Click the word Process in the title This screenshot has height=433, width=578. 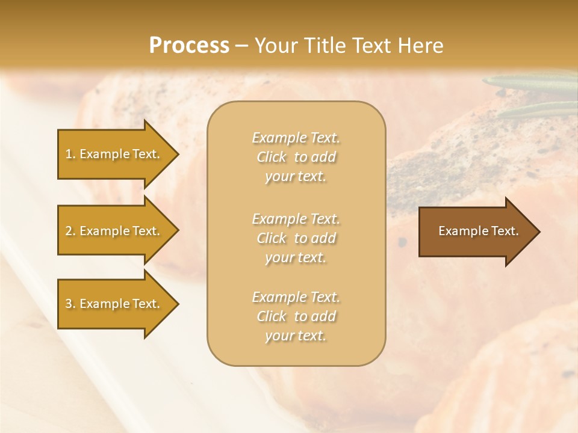(189, 46)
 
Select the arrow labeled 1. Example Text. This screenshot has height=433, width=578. (114, 154)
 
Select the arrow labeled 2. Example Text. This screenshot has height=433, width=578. (114, 231)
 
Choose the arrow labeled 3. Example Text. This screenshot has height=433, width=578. (114, 304)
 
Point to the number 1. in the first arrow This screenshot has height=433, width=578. (70, 155)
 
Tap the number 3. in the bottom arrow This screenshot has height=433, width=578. (70, 304)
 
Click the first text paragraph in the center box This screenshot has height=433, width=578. (296, 157)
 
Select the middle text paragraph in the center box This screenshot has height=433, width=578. (296, 238)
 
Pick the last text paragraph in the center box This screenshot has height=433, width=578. (296, 316)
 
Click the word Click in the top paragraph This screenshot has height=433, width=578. (272, 158)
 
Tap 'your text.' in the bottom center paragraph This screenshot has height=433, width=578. (296, 336)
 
